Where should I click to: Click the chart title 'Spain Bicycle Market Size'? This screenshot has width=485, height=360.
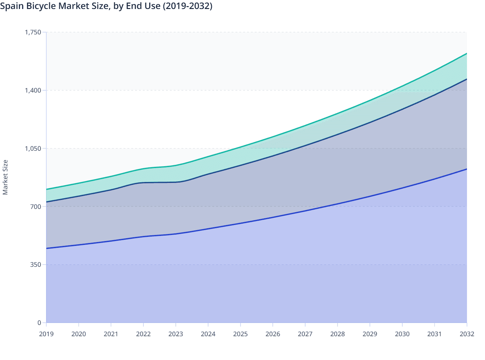pyautogui.click(x=106, y=6)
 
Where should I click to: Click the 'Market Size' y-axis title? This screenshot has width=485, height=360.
pyautogui.click(x=5, y=177)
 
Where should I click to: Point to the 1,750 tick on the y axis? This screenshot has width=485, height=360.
pyautogui.click(x=33, y=32)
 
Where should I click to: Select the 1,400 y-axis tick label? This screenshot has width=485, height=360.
pyautogui.click(x=33, y=90)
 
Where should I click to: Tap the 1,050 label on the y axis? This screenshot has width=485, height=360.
pyautogui.click(x=33, y=148)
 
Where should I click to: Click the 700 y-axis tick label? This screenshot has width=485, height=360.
pyautogui.click(x=36, y=206)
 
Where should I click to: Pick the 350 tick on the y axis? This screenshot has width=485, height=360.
pyautogui.click(x=36, y=265)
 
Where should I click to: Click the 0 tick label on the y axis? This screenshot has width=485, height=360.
pyautogui.click(x=39, y=323)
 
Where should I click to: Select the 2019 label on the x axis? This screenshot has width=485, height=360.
pyautogui.click(x=46, y=334)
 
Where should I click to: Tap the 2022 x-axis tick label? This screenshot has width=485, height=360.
pyautogui.click(x=143, y=334)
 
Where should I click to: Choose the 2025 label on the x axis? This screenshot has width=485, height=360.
pyautogui.click(x=241, y=334)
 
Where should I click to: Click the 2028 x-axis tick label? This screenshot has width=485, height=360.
pyautogui.click(x=337, y=334)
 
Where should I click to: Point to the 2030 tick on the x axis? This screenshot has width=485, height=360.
pyautogui.click(x=402, y=334)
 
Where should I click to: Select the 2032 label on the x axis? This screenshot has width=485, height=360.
pyautogui.click(x=467, y=334)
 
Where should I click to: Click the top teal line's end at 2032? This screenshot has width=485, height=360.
pyautogui.click(x=466, y=53)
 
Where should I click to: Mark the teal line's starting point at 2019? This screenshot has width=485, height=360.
pyautogui.click(x=47, y=189)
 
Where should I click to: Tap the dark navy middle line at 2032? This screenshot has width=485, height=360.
pyautogui.click(x=466, y=79)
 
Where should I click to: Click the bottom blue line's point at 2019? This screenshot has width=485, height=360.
pyautogui.click(x=47, y=248)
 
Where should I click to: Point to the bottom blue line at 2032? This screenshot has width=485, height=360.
pyautogui.click(x=466, y=169)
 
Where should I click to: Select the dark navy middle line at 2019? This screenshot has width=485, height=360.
pyautogui.click(x=47, y=202)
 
